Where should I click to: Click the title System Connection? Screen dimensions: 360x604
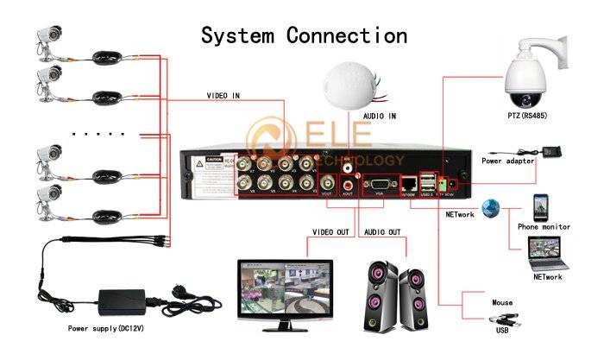coord(304,35)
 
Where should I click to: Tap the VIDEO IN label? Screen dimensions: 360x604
coord(223,95)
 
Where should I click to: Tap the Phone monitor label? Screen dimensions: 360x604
coord(544,226)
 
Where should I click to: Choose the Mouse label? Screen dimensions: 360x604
coord(503,303)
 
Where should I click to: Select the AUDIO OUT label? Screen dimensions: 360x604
coord(381,232)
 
